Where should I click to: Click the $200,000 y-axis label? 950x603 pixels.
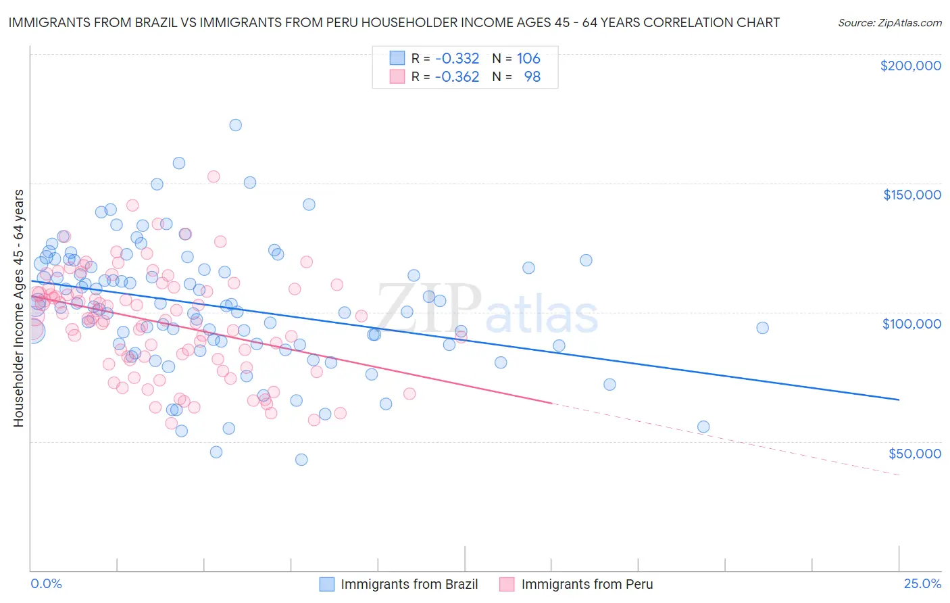pyautogui.click(x=910, y=66)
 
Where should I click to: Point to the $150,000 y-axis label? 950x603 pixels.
pyautogui.click(x=911, y=195)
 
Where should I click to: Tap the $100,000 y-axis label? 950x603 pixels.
pyautogui.click(x=911, y=324)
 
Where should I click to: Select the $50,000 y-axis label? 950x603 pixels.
pyautogui.click(x=914, y=453)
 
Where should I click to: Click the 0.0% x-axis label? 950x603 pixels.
pyautogui.click(x=46, y=583)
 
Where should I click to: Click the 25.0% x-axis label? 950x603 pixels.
pyautogui.click(x=922, y=583)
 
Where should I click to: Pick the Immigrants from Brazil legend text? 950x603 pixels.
pyautogui.click(x=409, y=584)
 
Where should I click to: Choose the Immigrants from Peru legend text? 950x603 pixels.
pyautogui.click(x=586, y=584)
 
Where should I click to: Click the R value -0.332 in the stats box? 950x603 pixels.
pyautogui.click(x=457, y=59)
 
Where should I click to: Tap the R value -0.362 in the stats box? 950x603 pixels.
pyautogui.click(x=457, y=77)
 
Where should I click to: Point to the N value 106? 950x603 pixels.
pyautogui.click(x=528, y=59)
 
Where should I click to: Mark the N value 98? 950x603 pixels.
pyautogui.click(x=532, y=77)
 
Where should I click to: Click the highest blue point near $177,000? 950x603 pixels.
pyautogui.click(x=235, y=125)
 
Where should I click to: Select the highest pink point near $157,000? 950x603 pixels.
pyautogui.click(x=214, y=176)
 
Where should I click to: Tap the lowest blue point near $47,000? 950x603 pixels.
pyautogui.click(x=301, y=460)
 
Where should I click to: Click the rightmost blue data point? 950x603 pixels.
pyautogui.click(x=762, y=328)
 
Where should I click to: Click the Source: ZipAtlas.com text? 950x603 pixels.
pyautogui.click(x=889, y=22)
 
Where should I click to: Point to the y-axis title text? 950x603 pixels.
pyautogui.click(x=18, y=308)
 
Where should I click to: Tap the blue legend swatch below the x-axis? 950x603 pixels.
pyautogui.click(x=327, y=584)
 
